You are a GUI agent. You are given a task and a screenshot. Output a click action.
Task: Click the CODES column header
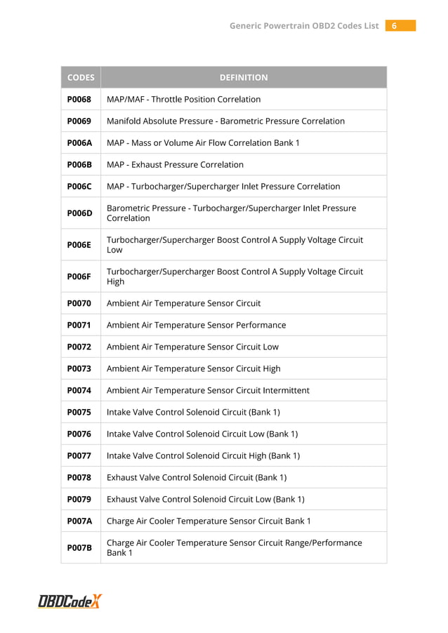[79, 77]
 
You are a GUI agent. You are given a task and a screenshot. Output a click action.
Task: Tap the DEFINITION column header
[243, 77]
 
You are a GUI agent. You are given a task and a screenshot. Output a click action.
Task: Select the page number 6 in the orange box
[395, 26]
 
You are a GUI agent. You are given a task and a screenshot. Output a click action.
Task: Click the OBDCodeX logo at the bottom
[70, 601]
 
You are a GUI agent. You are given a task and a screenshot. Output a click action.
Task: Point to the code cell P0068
[79, 99]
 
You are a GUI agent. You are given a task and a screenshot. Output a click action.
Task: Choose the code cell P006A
[79, 142]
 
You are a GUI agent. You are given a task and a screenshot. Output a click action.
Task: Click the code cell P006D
[79, 213]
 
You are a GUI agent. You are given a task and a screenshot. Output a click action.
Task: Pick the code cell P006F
[79, 276]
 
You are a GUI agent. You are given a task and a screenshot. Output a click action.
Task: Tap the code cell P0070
[79, 303]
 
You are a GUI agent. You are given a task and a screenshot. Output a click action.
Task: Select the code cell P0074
[79, 390]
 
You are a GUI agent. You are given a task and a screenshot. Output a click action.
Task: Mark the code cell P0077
[79, 455]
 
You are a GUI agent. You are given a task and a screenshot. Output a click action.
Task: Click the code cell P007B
[79, 547]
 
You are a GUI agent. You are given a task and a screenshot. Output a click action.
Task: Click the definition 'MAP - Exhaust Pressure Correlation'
[175, 164]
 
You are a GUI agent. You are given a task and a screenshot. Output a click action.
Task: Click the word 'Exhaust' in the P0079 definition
[122, 499]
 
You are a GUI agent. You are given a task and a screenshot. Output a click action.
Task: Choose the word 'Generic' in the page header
[249, 26]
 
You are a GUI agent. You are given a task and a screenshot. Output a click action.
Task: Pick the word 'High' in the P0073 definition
[271, 368]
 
